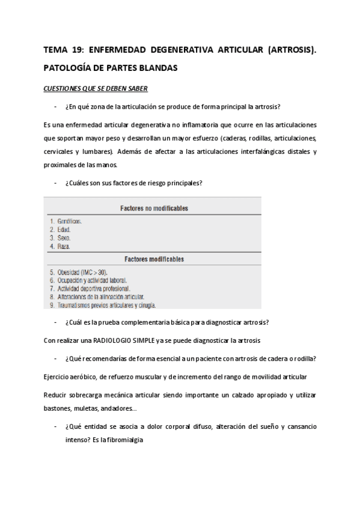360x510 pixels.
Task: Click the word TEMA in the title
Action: coord(56,51)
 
